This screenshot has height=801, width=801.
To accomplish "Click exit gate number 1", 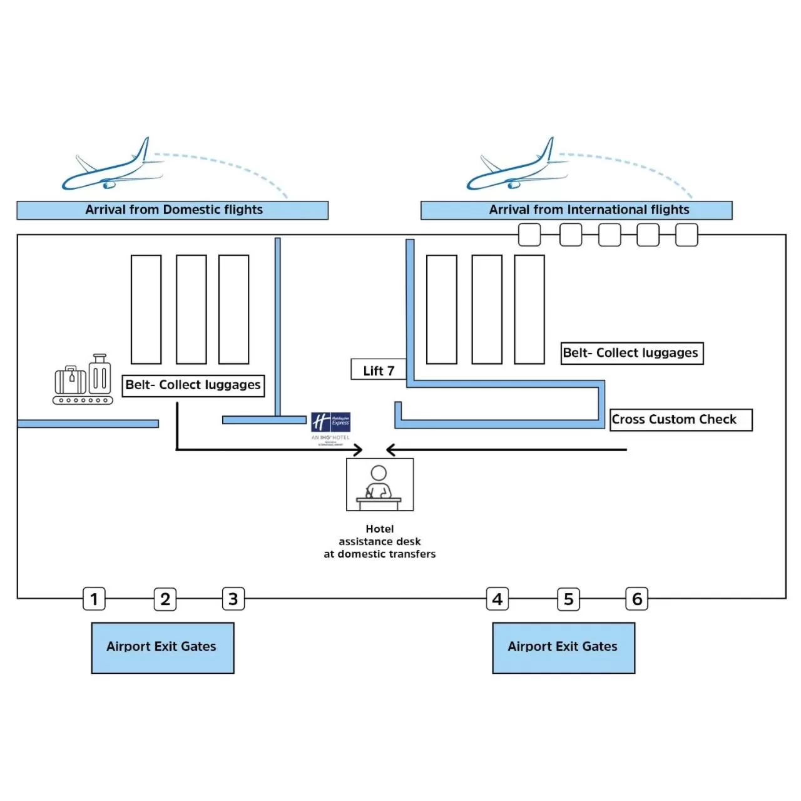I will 94,599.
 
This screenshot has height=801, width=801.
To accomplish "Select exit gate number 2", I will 165,599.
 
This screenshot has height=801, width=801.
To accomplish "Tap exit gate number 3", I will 233,599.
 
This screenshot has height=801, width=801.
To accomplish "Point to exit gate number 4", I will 497,599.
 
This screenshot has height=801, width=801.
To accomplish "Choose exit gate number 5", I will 568,599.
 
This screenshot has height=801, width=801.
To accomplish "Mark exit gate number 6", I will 637,599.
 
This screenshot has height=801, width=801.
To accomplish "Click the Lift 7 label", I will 379,370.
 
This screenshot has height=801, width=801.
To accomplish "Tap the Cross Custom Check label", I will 681,419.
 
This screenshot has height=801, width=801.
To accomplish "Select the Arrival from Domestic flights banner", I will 173,210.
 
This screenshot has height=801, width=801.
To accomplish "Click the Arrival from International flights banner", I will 576,210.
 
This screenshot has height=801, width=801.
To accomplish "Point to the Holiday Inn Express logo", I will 331,422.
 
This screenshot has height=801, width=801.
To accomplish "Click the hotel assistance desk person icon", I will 379,484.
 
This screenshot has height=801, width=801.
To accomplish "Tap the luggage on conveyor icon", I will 83,380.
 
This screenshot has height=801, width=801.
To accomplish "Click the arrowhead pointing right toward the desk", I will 359,449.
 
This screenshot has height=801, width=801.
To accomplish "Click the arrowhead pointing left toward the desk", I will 390,449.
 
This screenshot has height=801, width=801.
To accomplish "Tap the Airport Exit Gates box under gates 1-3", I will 163,648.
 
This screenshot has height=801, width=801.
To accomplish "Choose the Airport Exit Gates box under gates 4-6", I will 563,648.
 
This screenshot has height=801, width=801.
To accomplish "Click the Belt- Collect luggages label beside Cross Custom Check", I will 632,353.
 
